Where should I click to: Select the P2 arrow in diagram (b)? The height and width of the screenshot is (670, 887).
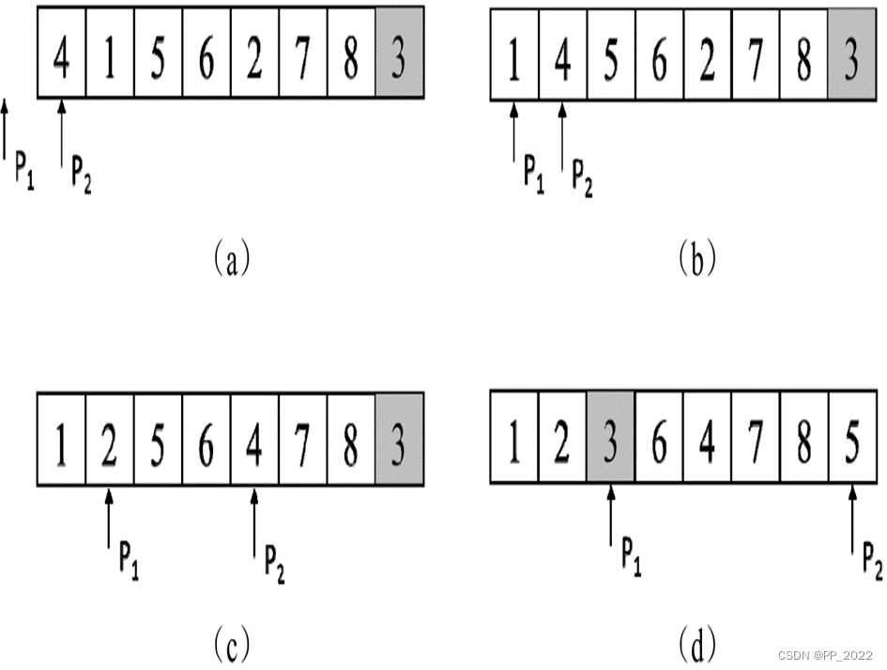pos(562,135)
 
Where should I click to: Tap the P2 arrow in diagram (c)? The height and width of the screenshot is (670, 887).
pos(254,521)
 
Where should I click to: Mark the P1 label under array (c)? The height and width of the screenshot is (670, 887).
pos(129,559)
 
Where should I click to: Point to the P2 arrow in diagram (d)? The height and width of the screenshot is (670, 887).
pos(851,521)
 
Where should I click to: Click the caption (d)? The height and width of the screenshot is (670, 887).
pos(696,646)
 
